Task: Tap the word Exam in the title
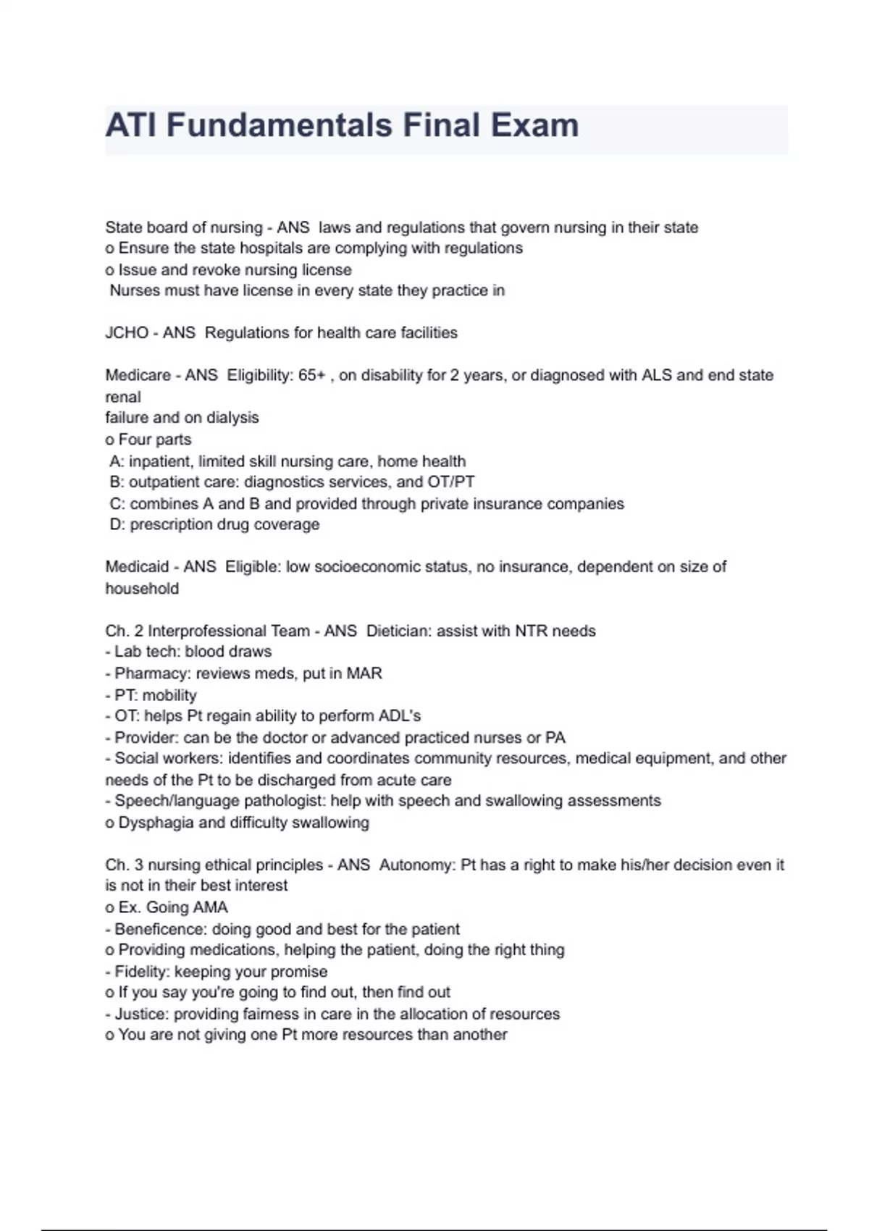536,125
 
